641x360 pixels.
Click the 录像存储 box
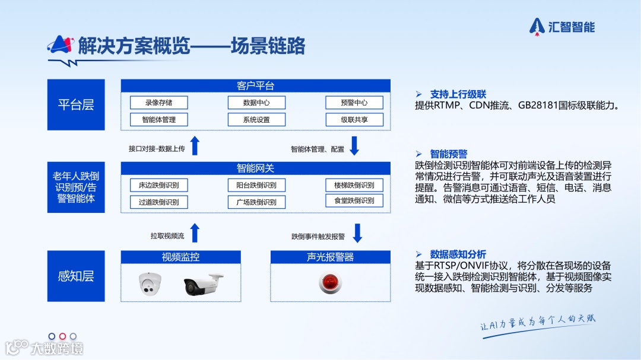pyautogui.click(x=158, y=103)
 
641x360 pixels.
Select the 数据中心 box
pyautogui.click(x=256, y=103)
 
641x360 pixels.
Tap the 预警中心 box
pyautogui.click(x=354, y=103)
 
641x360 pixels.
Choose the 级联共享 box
pyautogui.click(x=354, y=120)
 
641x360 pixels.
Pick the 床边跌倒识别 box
pyautogui.click(x=158, y=185)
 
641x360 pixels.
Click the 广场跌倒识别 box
pyautogui.click(x=256, y=202)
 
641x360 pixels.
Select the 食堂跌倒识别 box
pyautogui.click(x=354, y=200)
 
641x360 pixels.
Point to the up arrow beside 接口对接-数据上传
pyautogui.click(x=195, y=146)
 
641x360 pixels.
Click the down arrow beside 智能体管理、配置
pyautogui.click(x=354, y=146)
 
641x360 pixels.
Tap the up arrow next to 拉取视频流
pyautogui.click(x=195, y=233)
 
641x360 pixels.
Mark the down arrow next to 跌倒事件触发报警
pyautogui.click(x=357, y=233)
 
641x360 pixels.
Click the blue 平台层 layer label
pyautogui.click(x=76, y=105)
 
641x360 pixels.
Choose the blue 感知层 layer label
pyautogui.click(x=76, y=276)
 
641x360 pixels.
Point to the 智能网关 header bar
pyautogui.click(x=256, y=168)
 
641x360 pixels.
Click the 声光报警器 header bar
pyautogui.click(x=331, y=257)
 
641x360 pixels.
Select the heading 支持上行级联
pyautogui.click(x=458, y=94)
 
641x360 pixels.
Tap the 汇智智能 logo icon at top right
pyautogui.click(x=537, y=26)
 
